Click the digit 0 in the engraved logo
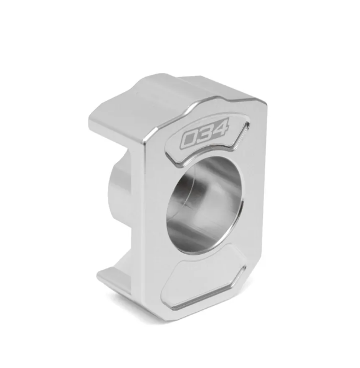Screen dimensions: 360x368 189,140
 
